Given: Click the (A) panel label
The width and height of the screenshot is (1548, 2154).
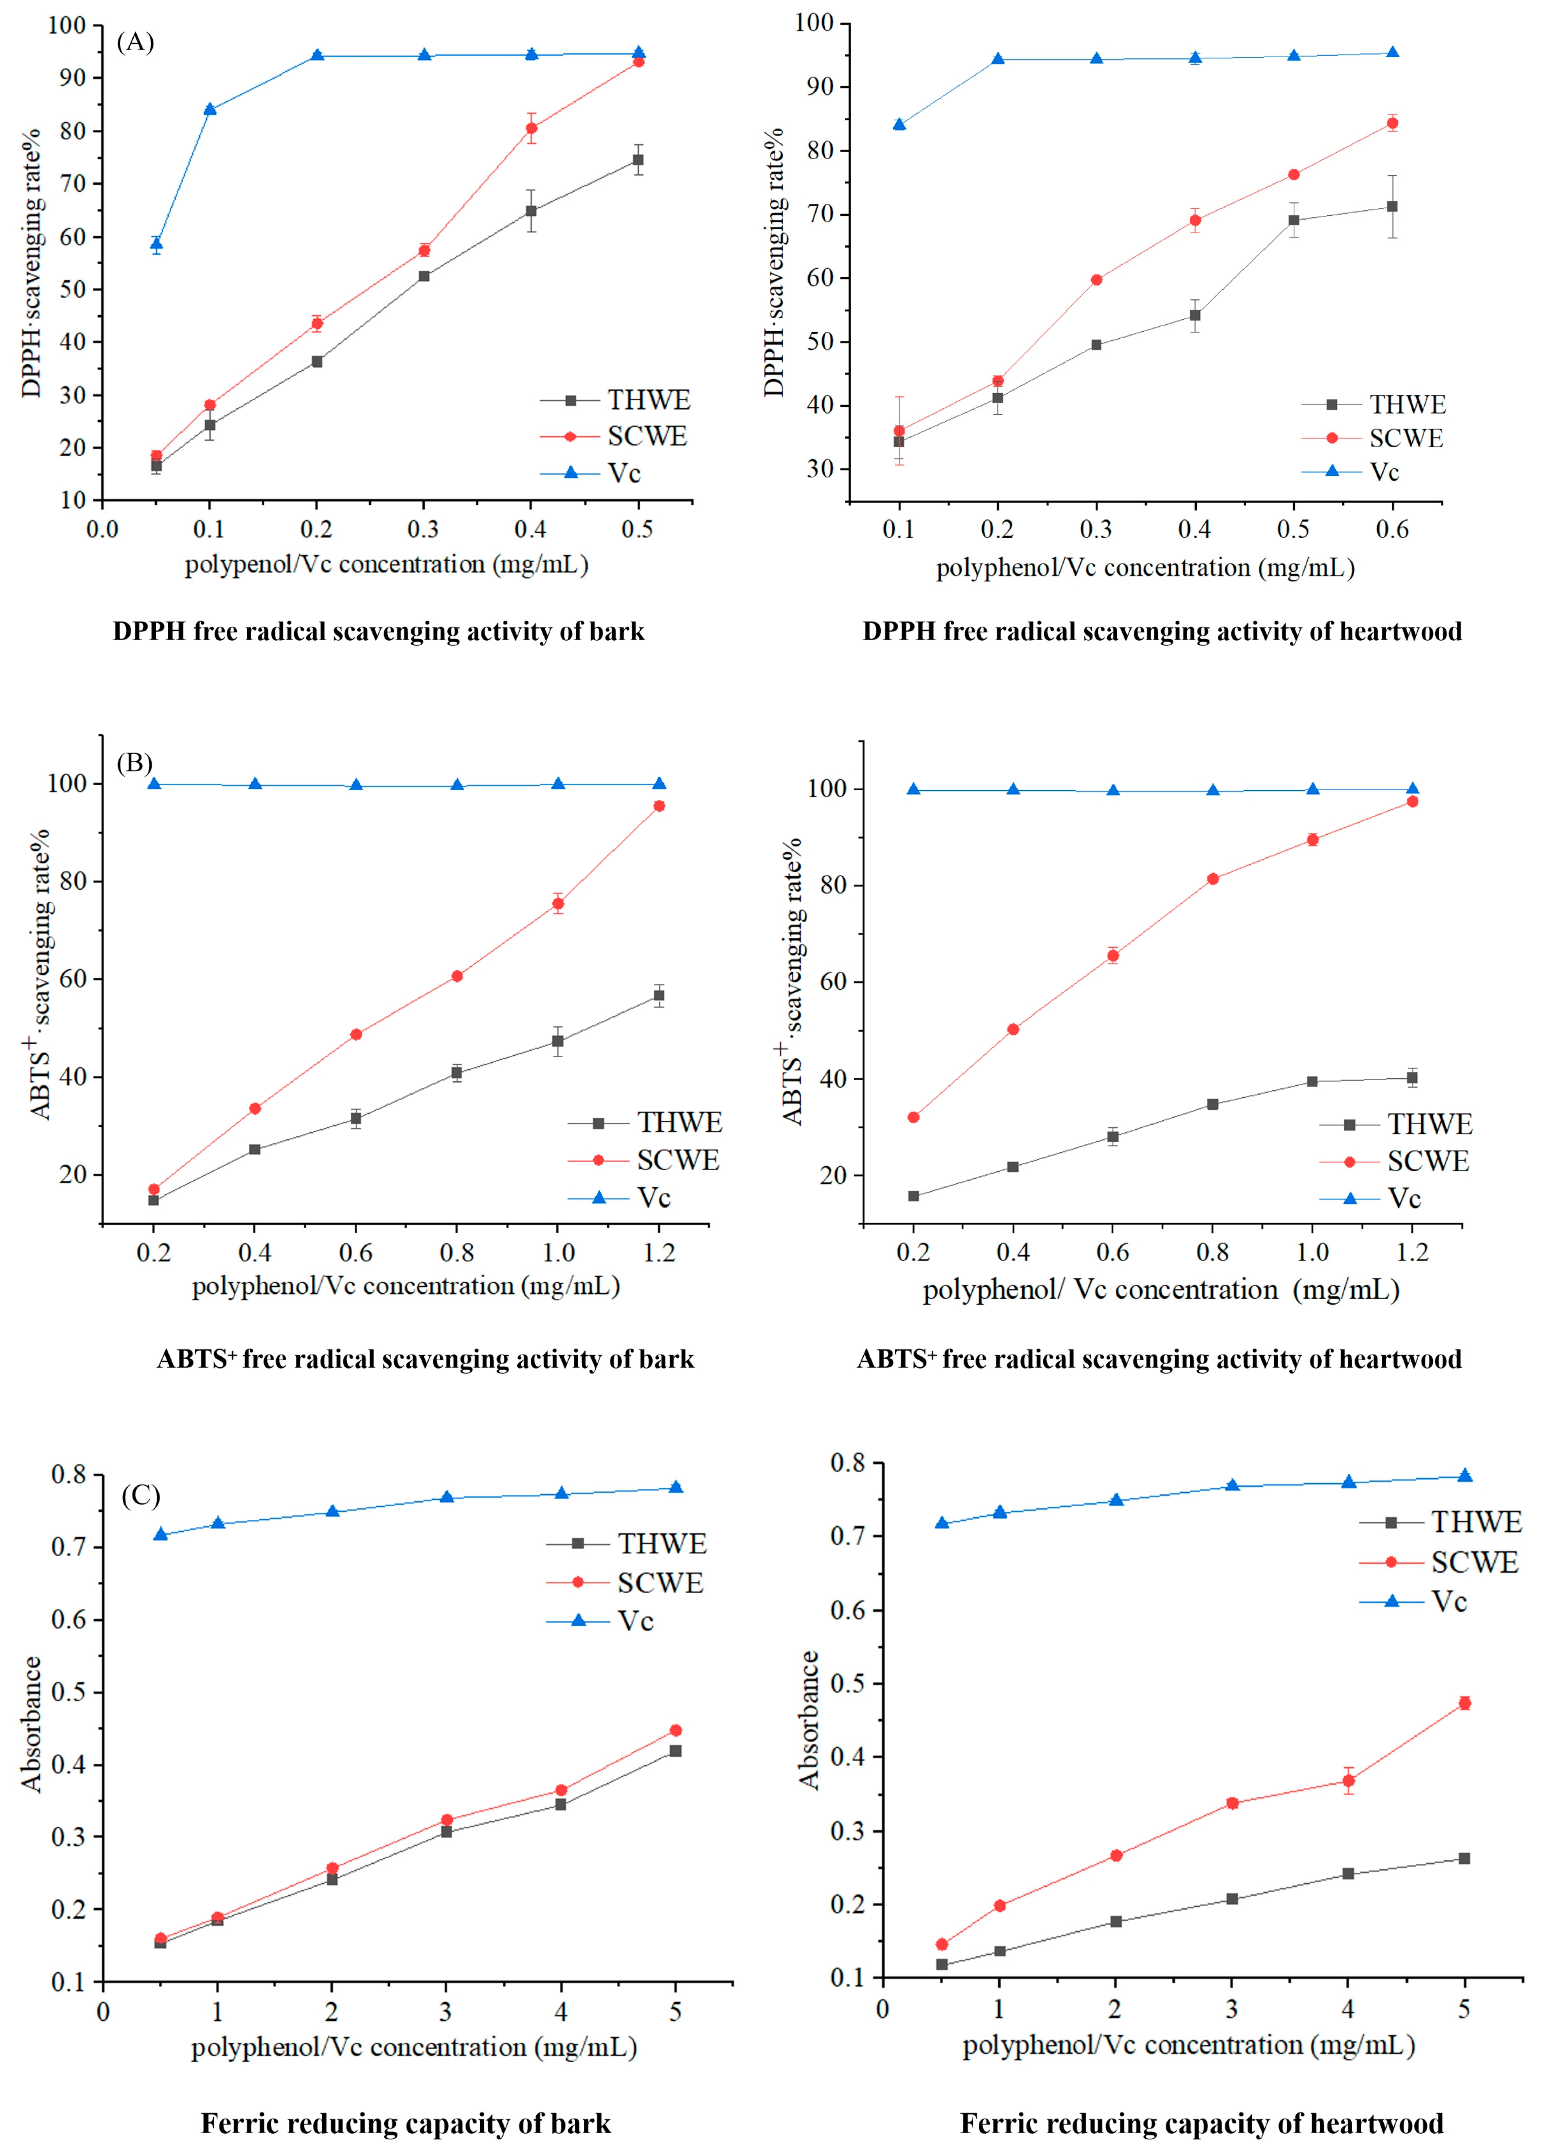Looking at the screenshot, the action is pyautogui.click(x=135, y=43).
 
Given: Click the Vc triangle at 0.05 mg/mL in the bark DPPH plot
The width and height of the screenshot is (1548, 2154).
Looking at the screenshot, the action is pyautogui.click(x=156, y=244).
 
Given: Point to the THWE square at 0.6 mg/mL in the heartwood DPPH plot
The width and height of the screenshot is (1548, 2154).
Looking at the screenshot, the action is pyautogui.click(x=1392, y=206).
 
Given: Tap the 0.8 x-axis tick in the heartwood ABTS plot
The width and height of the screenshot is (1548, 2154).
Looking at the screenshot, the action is pyautogui.click(x=1213, y=1253).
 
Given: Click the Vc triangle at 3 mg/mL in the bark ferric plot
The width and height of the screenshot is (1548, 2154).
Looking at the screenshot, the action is pyautogui.click(x=446, y=1498).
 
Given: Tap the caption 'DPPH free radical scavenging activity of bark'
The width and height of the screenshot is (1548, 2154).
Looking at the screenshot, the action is pyautogui.click(x=379, y=631).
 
